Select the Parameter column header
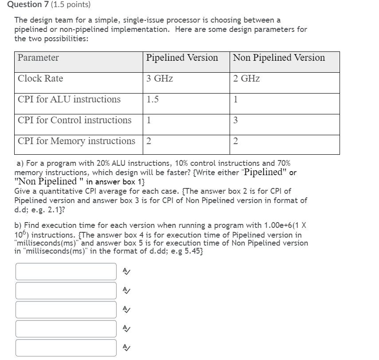[38, 58]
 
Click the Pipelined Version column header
[182, 58]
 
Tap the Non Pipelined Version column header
[279, 58]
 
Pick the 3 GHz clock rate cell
[160, 78]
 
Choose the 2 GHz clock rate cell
[246, 78]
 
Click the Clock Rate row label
[40, 78]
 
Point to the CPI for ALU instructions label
[69, 99]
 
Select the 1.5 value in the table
[152, 99]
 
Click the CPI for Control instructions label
[74, 120]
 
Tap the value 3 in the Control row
[235, 120]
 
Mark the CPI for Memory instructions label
[76, 141]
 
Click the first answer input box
[66, 271]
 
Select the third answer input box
[66, 309]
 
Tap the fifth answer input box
[66, 348]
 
